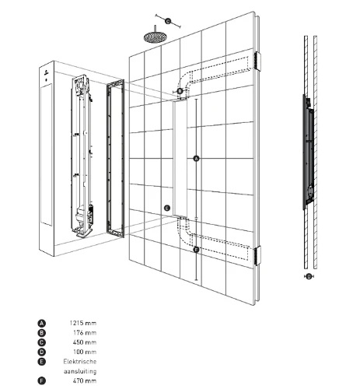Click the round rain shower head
(155, 37)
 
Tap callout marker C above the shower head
(168, 21)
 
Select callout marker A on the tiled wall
(196, 159)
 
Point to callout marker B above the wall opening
(180, 91)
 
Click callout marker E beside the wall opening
(167, 208)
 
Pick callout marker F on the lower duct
(196, 250)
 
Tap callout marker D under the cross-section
(309, 277)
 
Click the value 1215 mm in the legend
(83, 323)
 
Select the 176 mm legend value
(85, 333)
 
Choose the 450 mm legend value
(85, 342)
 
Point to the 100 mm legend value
(85, 352)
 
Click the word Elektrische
(80, 362)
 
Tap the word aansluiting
(80, 371)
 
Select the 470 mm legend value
(85, 380)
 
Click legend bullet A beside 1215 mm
(41, 324)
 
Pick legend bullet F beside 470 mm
(41, 381)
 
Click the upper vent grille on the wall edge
(257, 61)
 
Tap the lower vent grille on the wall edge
(257, 255)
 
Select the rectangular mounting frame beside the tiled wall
(116, 159)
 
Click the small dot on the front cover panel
(47, 80)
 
